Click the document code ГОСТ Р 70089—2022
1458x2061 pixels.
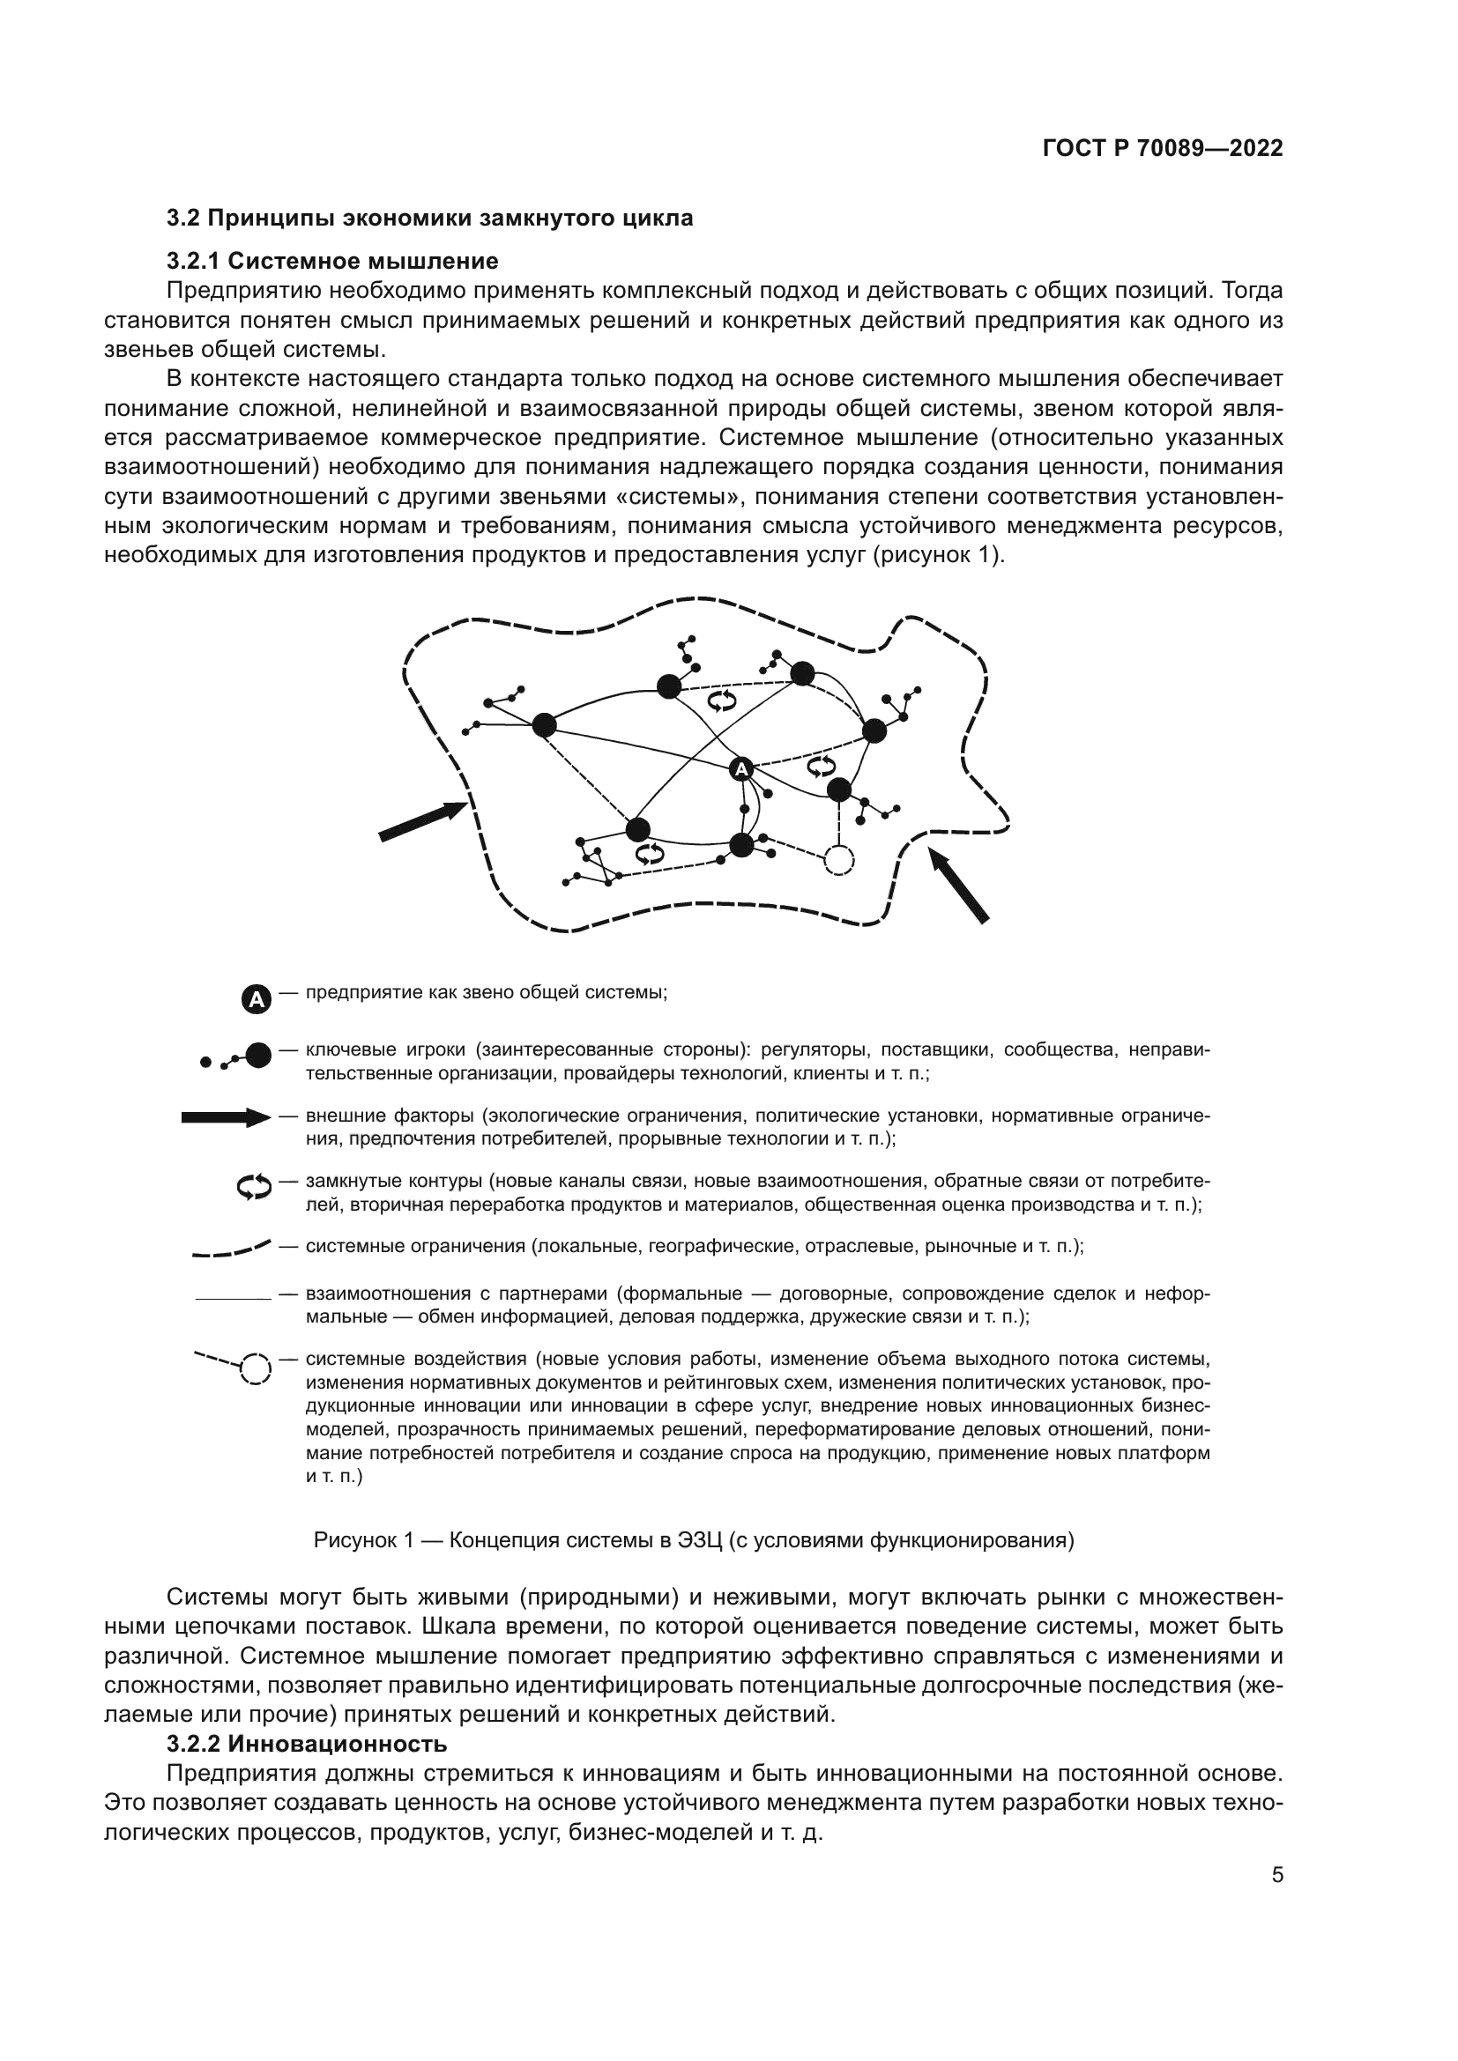[1162, 149]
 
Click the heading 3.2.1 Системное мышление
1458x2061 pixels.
[332, 261]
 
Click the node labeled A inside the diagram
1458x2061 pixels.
[740, 769]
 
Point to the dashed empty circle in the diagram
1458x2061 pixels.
[838, 861]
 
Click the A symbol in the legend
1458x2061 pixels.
[256, 999]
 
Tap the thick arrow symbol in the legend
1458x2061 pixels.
[226, 1117]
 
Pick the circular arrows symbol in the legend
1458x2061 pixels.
[254, 1187]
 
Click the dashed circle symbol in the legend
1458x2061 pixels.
[255, 1370]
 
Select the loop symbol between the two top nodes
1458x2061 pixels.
[722, 701]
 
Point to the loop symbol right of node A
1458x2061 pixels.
[820, 766]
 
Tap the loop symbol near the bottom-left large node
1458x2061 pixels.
[650, 854]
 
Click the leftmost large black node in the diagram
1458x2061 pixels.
[544, 725]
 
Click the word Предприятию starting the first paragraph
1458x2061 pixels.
[243, 291]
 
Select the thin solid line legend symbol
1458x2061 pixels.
[233, 1298]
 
